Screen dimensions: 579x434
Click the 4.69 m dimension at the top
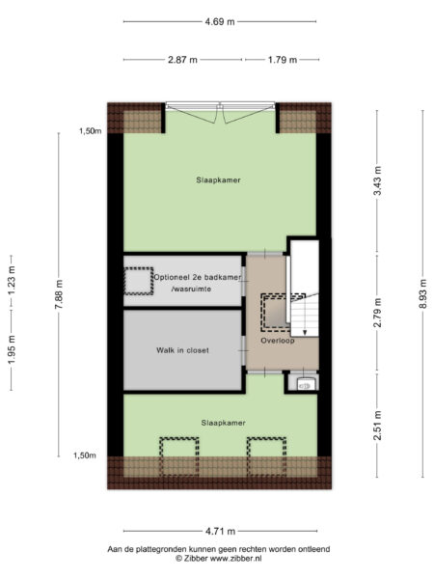(x=219, y=21)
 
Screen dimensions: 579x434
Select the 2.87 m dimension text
(x=182, y=59)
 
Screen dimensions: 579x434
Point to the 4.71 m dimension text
(x=219, y=530)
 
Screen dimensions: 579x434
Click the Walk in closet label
(x=182, y=349)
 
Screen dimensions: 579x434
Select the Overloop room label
(x=277, y=341)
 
